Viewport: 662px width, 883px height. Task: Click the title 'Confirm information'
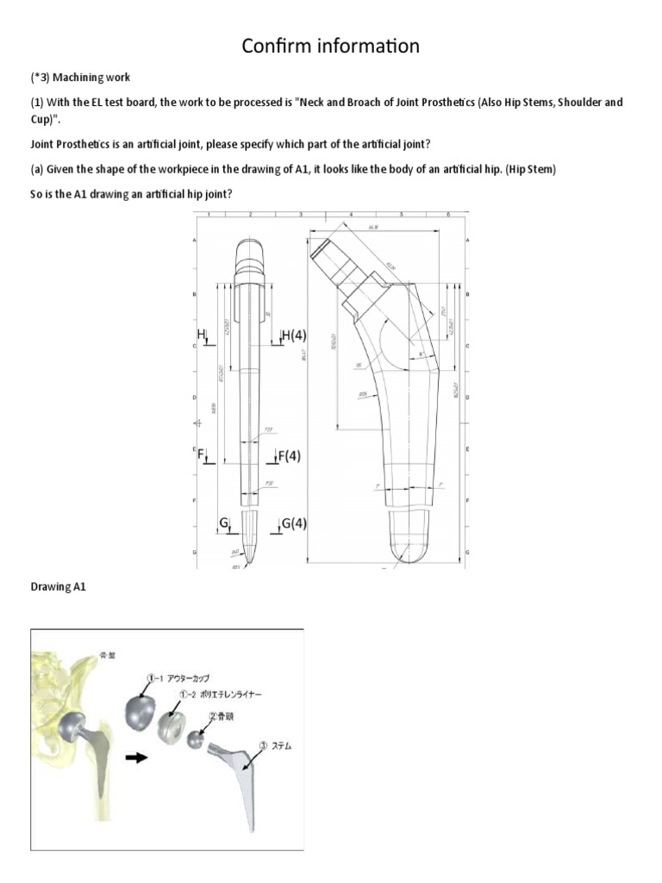(x=331, y=46)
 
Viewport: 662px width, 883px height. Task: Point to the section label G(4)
(x=294, y=523)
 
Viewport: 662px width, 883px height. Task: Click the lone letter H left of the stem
(x=200, y=334)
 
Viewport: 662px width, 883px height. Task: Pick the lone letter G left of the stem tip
(x=223, y=523)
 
